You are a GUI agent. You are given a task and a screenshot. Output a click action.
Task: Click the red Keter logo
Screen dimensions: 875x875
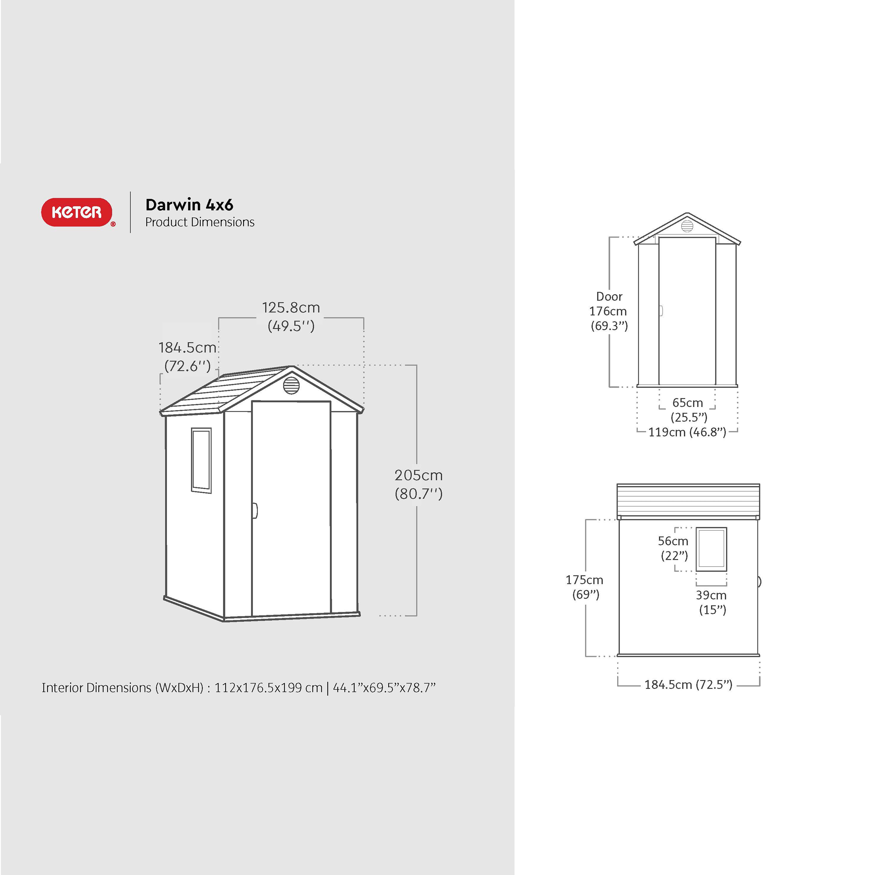point(77,212)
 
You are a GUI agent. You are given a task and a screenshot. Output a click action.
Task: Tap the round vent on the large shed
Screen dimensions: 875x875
point(291,386)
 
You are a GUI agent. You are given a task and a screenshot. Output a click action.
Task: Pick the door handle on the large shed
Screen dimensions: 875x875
point(255,510)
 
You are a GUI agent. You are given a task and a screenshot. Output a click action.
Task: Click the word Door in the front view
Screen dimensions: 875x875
point(609,297)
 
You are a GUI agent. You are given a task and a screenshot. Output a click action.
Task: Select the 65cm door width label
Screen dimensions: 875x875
point(688,403)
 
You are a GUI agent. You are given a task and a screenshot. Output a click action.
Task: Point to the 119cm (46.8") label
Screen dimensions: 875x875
point(687,432)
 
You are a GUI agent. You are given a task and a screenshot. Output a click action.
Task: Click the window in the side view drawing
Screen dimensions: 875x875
point(711,549)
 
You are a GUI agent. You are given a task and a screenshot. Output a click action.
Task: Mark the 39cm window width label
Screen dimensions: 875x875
point(711,595)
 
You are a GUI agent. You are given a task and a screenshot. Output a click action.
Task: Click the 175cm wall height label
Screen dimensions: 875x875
point(584,580)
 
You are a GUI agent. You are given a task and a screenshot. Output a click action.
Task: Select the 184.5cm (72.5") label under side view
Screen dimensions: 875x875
point(688,684)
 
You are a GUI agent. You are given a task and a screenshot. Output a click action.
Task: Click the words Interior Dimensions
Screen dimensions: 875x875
point(96,688)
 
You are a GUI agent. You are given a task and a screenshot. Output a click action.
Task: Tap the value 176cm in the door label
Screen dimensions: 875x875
point(608,312)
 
